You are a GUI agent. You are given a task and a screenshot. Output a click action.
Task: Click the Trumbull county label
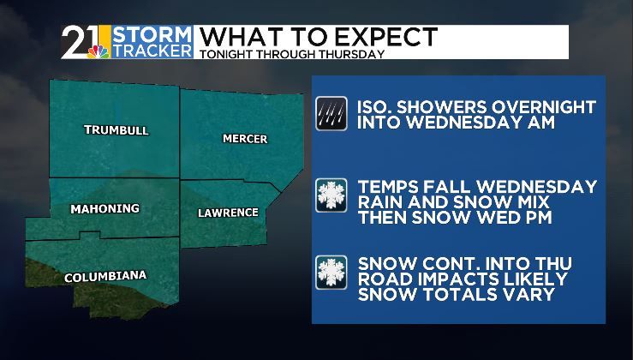point(116,130)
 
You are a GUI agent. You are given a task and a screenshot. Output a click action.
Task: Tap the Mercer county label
point(245,138)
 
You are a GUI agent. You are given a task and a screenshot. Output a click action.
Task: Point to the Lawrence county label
point(228,213)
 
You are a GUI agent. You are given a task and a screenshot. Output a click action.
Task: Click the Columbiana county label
point(105,276)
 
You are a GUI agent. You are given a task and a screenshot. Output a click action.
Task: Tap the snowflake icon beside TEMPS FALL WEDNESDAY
point(331,194)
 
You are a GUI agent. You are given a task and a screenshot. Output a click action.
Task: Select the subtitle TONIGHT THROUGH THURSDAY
point(290,54)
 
